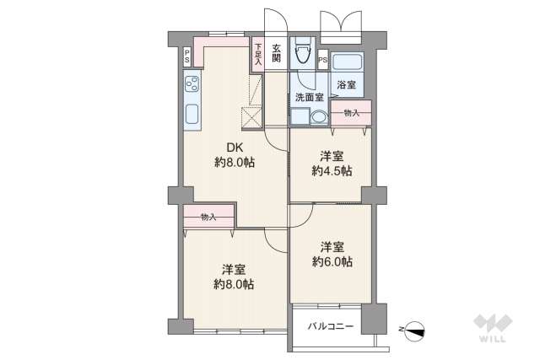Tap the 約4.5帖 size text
coord(332,171)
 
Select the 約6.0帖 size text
coord(332,261)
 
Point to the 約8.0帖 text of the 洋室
coord(234,284)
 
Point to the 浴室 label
coord(346,85)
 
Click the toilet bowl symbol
coord(301,55)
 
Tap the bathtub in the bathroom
coord(347,62)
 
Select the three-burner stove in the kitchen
coord(192,85)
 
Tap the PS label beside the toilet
coord(323,61)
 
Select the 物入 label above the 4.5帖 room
coord(351,113)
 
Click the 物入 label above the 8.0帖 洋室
coord(208,218)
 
